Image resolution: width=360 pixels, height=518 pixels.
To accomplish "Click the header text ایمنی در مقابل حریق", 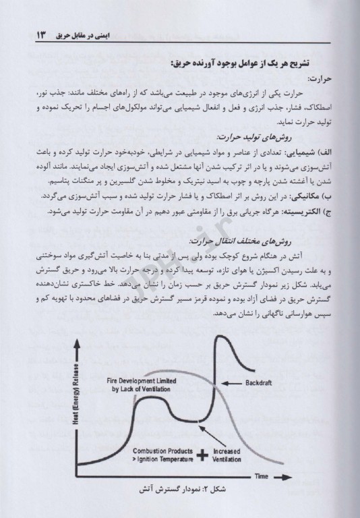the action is click(86, 32).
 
